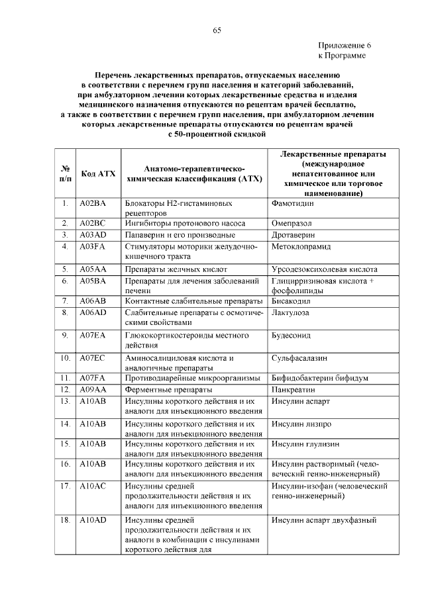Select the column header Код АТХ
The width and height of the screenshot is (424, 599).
click(98, 174)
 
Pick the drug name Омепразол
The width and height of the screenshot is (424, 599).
click(291, 224)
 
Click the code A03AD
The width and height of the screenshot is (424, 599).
click(93, 235)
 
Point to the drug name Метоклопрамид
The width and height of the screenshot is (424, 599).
click(300, 246)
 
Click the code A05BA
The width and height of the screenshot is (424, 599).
click(93, 281)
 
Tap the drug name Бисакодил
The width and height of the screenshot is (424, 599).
click(292, 301)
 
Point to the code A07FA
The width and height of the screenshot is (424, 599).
click(93, 379)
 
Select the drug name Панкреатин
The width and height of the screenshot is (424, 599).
click(293, 390)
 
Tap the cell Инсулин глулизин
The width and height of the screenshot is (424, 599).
click(304, 443)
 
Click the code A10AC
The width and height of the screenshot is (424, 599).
click(93, 486)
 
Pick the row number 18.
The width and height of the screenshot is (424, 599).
click(65, 520)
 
